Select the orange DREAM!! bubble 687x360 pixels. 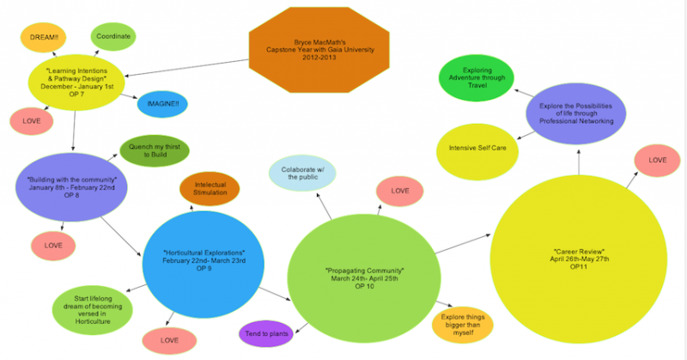pyautogui.click(x=44, y=39)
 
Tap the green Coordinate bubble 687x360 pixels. pyautogui.click(x=112, y=36)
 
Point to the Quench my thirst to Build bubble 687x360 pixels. pyautogui.click(x=155, y=150)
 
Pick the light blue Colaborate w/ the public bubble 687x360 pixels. pyautogui.click(x=302, y=173)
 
